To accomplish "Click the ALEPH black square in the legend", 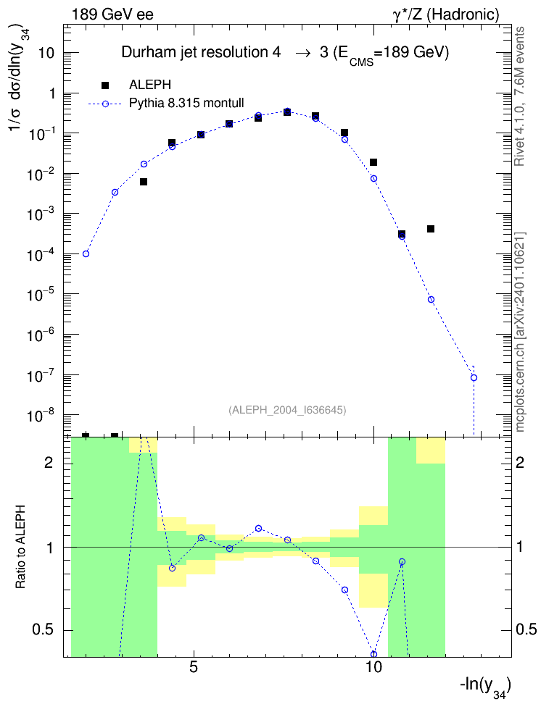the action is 104,85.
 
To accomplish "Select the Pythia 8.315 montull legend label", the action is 186,104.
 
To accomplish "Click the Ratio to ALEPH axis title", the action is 20,547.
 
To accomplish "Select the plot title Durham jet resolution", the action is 201,53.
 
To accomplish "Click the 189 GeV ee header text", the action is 112,14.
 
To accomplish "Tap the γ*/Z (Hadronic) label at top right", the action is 446,14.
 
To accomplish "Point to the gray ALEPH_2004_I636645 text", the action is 287,410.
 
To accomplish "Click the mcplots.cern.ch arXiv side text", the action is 520,332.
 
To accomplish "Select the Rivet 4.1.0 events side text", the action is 519,96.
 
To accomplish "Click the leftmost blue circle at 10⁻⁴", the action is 86,253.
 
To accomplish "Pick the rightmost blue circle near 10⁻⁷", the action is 474,377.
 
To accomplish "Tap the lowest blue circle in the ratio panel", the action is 373,654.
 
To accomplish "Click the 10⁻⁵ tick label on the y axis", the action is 40,295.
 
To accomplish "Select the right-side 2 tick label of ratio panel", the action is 520,463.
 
